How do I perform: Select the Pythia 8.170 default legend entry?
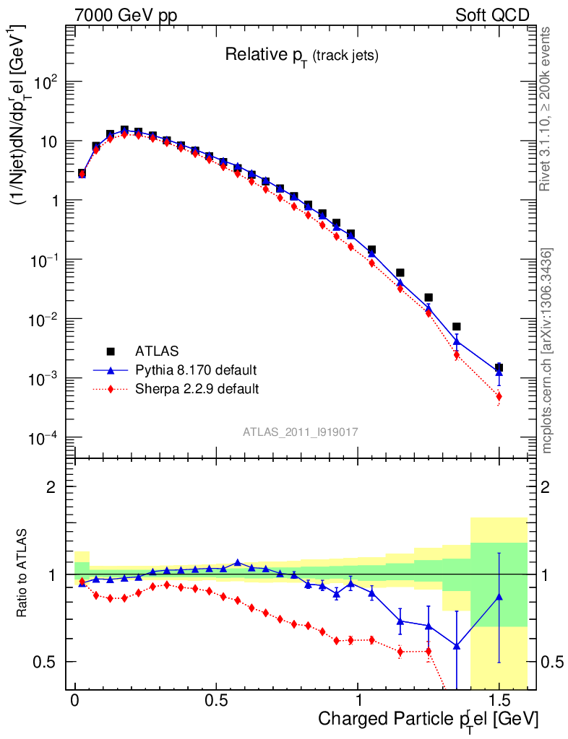[195, 370]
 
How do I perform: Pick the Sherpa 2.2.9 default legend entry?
[197, 389]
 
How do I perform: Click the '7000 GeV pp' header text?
[126, 15]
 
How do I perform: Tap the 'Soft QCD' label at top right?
[491, 15]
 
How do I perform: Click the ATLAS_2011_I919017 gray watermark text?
[301, 432]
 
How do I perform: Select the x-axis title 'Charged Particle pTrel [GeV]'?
[428, 720]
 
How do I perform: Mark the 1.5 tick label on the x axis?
[499, 701]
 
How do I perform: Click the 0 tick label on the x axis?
[75, 701]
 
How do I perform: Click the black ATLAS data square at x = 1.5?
[499, 367]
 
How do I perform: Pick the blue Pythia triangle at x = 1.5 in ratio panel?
[499, 597]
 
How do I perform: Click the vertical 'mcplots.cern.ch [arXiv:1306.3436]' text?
[547, 351]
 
